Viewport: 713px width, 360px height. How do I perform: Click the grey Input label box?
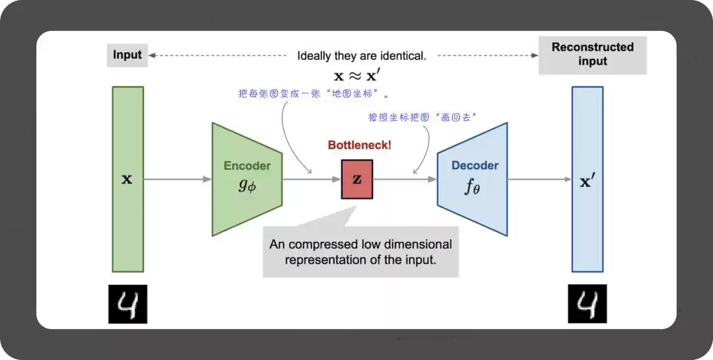click(127, 55)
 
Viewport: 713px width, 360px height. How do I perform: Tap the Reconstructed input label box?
click(592, 55)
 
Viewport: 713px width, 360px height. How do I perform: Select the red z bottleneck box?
click(357, 179)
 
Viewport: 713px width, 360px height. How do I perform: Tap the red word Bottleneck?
click(360, 145)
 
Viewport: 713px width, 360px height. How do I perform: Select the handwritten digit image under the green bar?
click(127, 305)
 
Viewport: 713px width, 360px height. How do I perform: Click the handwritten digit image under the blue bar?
click(587, 305)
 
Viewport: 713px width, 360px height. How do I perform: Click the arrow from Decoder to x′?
click(539, 179)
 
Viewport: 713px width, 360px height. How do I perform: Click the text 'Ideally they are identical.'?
click(362, 56)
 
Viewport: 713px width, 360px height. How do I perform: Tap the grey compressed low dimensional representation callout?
click(360, 252)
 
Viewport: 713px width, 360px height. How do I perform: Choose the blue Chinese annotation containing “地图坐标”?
click(313, 93)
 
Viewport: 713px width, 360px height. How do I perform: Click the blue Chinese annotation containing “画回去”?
click(423, 118)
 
